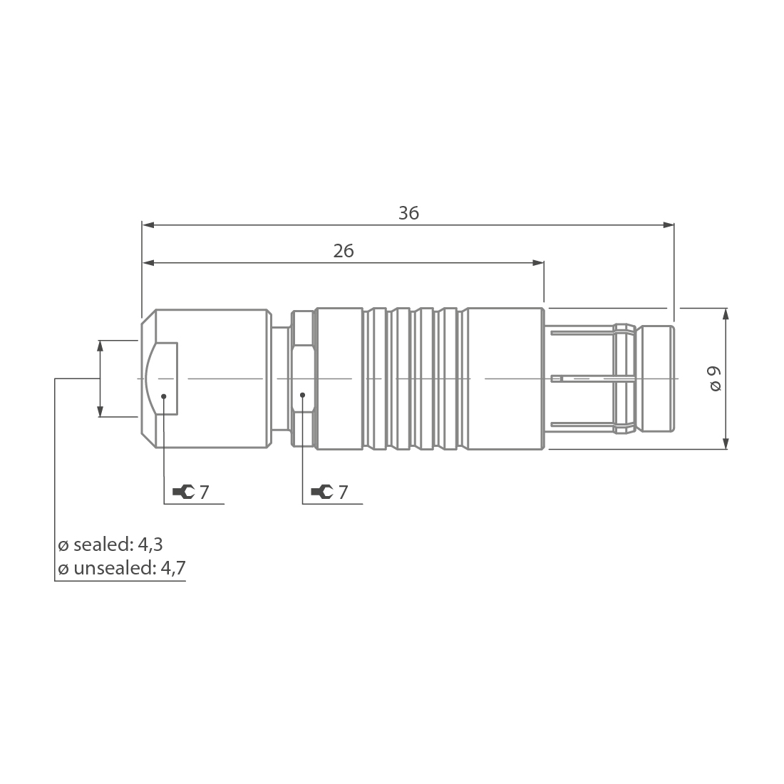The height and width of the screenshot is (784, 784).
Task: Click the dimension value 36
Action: (x=408, y=213)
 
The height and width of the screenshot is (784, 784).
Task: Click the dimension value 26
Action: (x=344, y=251)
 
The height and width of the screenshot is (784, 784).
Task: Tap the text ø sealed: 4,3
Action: (x=110, y=545)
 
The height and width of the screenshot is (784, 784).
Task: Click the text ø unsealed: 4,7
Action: (x=122, y=568)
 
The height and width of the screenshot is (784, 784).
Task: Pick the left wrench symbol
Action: (x=183, y=491)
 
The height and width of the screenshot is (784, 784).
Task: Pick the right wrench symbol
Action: (x=321, y=491)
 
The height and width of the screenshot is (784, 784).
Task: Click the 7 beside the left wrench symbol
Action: (x=205, y=491)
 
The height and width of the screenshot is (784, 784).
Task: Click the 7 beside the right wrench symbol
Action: (x=343, y=491)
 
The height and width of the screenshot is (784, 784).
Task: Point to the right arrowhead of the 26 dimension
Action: (x=538, y=263)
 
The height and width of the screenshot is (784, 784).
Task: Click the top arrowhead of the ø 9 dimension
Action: (x=726, y=314)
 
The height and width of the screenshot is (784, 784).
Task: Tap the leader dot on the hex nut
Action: (x=303, y=394)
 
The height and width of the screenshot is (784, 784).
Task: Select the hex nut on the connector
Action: (x=303, y=378)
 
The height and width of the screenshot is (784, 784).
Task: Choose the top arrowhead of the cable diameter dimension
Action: (x=100, y=346)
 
